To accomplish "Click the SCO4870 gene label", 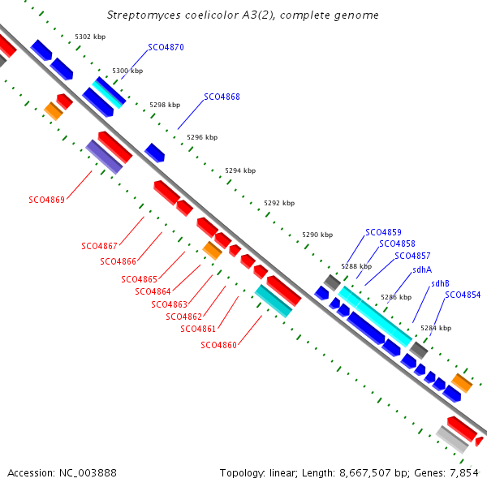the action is (x=166, y=47).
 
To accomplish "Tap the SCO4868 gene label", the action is (x=222, y=97).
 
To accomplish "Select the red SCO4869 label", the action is (x=46, y=200).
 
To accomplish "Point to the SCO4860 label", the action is (x=218, y=345).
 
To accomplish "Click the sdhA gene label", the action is (x=422, y=269).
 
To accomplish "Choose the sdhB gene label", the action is (x=440, y=283).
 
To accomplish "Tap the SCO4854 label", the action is (x=463, y=295).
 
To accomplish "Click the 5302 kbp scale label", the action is (x=90, y=37).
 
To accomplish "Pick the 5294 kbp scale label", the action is (x=240, y=170).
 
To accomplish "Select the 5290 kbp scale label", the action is (x=317, y=235).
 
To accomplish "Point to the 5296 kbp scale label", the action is (x=202, y=137).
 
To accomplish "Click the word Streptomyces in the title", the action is (x=144, y=15).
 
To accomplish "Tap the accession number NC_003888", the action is (x=88, y=473).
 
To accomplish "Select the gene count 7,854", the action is (x=464, y=473).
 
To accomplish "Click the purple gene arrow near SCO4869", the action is (x=104, y=157).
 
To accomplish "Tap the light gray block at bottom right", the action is (x=452, y=440).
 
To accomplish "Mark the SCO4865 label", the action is (x=139, y=279).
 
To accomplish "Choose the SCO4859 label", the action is (x=383, y=232).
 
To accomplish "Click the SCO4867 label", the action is (x=99, y=246).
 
